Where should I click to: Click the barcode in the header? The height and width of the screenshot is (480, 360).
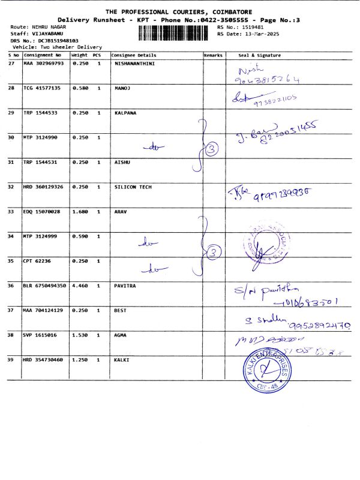coord(176,31)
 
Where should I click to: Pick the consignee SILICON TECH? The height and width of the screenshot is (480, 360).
coord(133,187)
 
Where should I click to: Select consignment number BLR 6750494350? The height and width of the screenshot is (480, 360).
coord(46,286)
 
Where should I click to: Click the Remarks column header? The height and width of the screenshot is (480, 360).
coord(213,55)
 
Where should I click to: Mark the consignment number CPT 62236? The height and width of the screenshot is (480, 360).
coord(38,261)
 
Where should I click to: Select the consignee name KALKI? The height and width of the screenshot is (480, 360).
coord(122,360)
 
